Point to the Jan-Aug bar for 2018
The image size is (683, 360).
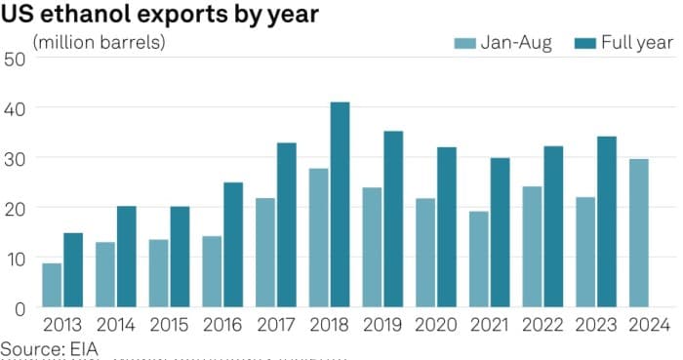click(319, 238)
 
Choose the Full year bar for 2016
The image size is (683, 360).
click(233, 245)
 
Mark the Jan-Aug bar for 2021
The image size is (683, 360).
click(479, 260)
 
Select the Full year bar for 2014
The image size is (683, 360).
click(127, 257)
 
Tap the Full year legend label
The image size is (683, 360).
click(637, 42)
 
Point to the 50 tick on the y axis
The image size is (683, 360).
click(14, 58)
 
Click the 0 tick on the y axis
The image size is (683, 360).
click(19, 308)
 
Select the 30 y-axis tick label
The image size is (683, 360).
click(14, 158)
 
